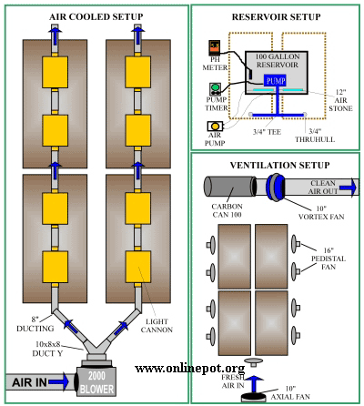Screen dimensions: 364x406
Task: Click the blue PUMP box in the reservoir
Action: (x=275, y=80)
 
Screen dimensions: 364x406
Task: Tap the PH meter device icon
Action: (x=215, y=48)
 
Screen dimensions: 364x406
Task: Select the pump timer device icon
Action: (x=215, y=89)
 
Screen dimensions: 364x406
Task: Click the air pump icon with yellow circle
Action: (x=215, y=127)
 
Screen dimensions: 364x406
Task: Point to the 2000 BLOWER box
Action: (x=96, y=381)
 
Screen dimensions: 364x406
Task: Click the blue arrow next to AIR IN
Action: (x=58, y=381)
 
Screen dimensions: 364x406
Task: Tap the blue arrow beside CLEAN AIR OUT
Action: (x=348, y=188)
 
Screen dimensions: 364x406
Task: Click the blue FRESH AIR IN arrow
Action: (x=254, y=383)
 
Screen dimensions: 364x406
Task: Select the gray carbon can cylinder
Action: (x=229, y=187)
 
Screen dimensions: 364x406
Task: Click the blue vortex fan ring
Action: (x=275, y=187)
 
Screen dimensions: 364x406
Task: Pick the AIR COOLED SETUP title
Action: (x=96, y=16)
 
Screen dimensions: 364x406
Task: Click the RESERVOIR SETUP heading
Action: (x=276, y=17)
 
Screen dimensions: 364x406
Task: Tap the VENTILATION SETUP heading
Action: (x=279, y=166)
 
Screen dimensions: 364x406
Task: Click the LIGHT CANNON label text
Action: (x=157, y=326)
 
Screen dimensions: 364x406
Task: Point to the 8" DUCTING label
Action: (x=35, y=324)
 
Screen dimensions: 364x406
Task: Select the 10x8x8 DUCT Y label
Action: (x=47, y=349)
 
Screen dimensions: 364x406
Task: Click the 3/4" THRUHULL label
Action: (x=315, y=136)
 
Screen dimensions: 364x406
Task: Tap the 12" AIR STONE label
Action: (x=340, y=100)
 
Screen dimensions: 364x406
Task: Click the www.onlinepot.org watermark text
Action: (x=190, y=369)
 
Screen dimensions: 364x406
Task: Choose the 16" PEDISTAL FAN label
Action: (x=329, y=259)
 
